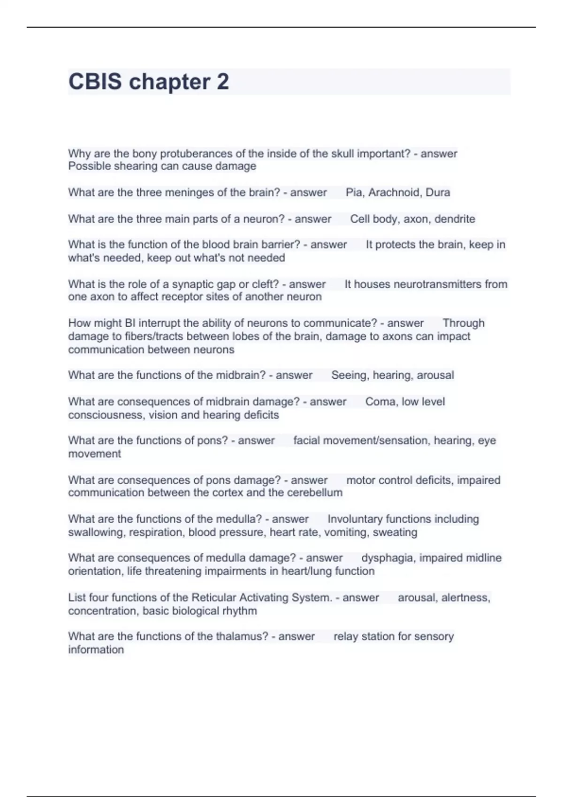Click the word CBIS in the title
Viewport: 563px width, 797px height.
95,82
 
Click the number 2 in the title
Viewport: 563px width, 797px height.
223,82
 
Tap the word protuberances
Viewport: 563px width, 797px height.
203,153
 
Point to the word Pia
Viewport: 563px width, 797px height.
354,192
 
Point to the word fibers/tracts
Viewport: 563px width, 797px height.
126,336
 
